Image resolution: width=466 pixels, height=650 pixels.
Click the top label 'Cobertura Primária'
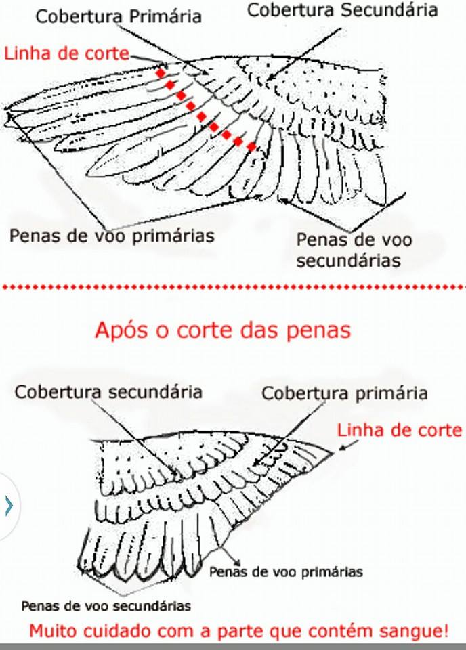tap(119, 16)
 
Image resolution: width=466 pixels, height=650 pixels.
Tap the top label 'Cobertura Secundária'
tap(343, 10)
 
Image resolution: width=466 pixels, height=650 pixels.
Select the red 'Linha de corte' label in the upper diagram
tap(67, 53)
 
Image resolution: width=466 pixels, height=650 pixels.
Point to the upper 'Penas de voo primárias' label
tap(112, 236)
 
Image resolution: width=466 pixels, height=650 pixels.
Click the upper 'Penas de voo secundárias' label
tap(354, 251)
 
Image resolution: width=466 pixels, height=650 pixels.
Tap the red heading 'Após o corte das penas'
tap(223, 330)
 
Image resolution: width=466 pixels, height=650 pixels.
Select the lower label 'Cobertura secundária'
tap(108, 392)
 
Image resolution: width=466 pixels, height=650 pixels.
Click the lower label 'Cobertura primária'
tap(345, 393)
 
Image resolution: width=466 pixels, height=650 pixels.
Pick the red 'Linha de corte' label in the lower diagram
tap(399, 430)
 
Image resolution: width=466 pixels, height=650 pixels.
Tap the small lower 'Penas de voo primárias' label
tap(286, 572)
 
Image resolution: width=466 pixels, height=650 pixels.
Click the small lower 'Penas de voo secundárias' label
tap(106, 606)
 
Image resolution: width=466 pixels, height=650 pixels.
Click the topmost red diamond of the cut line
tap(161, 73)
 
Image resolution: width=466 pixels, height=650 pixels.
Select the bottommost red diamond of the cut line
tap(251, 146)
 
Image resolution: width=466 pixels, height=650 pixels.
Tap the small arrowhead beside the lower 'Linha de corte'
tap(343, 448)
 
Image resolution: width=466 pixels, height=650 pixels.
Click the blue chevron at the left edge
tap(9, 506)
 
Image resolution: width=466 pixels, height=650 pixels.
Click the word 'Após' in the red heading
tap(121, 330)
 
